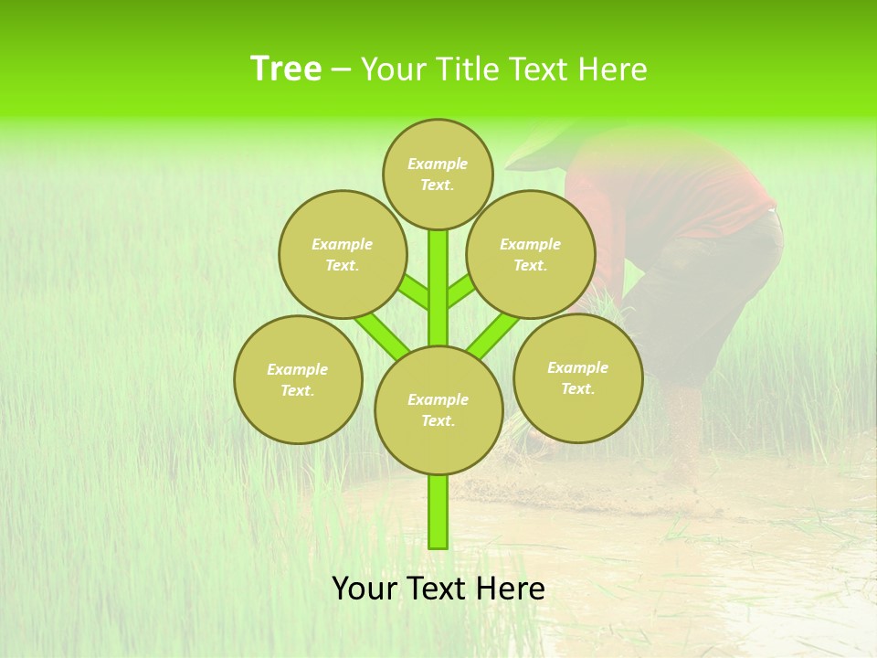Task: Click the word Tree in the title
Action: [285, 69]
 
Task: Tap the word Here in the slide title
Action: [611, 69]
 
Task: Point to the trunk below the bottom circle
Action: [438, 512]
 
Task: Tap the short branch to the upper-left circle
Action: [417, 294]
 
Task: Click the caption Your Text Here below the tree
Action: [438, 589]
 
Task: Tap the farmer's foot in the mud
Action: [681, 457]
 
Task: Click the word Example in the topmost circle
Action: [438, 164]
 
